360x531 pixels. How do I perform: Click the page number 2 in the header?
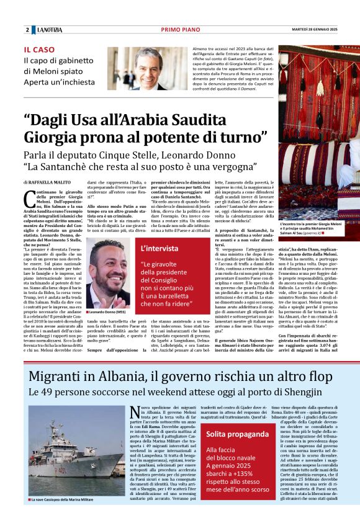[x=28, y=30]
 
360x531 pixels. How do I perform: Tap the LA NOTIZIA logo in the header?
[x=48, y=30]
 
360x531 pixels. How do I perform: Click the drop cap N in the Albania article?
[x=138, y=412]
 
